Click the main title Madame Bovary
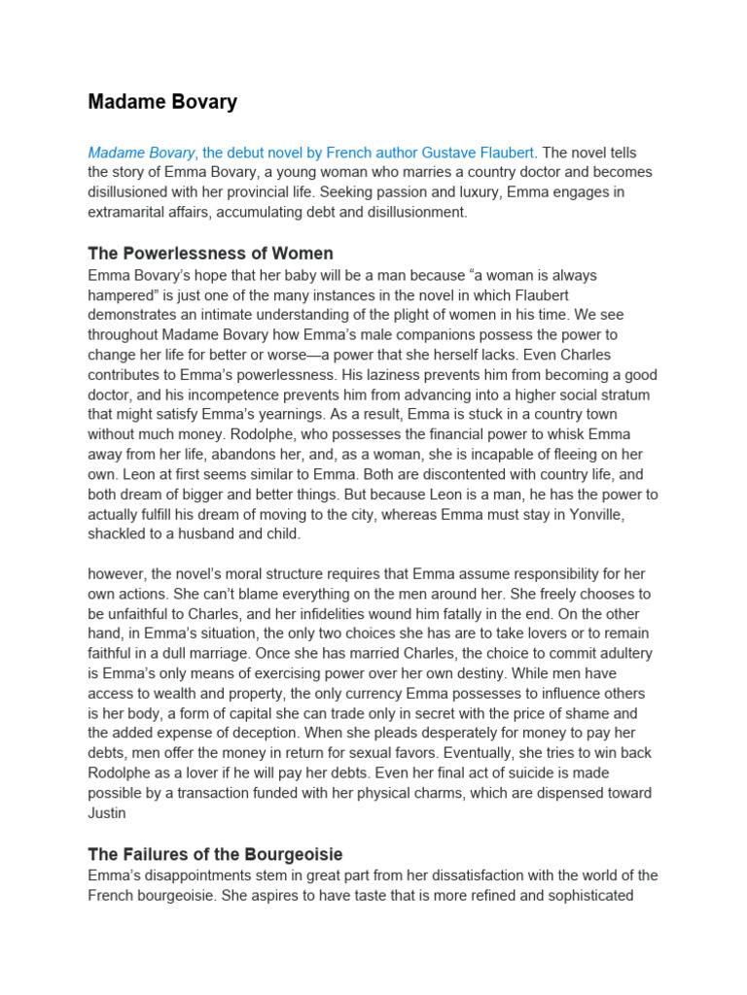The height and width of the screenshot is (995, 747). tap(162, 101)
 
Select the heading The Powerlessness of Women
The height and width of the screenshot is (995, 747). tap(210, 254)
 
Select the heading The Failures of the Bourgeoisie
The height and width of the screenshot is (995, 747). tap(215, 854)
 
